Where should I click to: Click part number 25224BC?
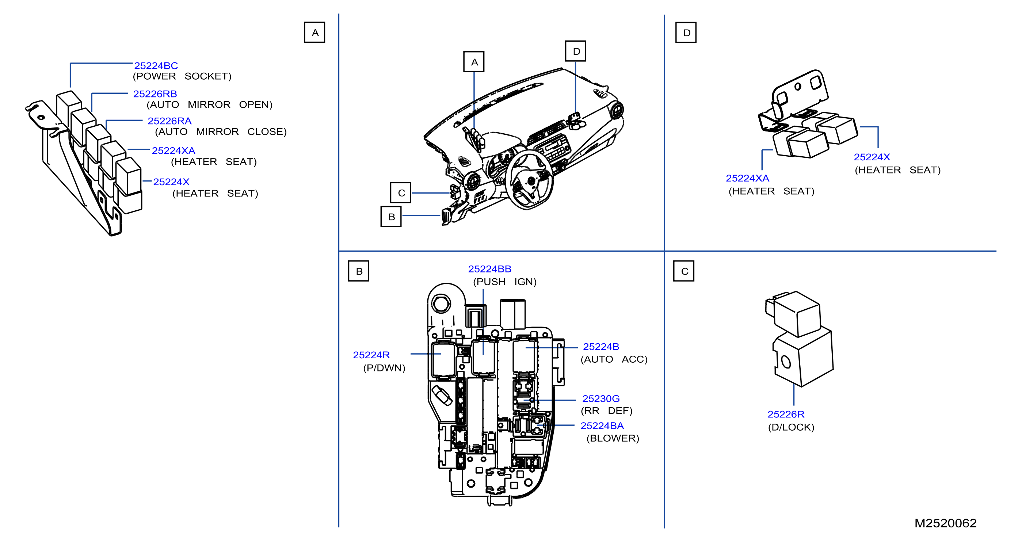156,65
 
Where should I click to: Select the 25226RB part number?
155,94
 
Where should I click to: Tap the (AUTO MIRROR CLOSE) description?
221,132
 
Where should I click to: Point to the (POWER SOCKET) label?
182,76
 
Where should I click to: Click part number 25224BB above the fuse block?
489,269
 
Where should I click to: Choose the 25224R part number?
371,355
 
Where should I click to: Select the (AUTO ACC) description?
614,359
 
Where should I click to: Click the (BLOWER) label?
613,438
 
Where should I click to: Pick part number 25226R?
786,414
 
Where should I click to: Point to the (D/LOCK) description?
791,427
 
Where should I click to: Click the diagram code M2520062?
945,523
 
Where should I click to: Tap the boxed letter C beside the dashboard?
401,193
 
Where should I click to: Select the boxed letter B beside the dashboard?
391,217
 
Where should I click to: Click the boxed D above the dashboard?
576,51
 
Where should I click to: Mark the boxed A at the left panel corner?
314,33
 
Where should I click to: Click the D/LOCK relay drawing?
799,338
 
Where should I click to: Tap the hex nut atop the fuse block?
441,304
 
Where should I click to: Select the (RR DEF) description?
606,411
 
